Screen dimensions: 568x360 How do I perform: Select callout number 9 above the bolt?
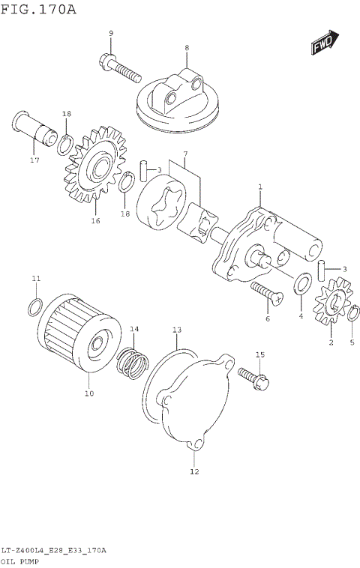(x=111, y=34)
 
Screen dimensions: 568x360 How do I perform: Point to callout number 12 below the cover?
(x=194, y=472)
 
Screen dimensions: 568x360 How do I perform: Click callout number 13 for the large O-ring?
(x=177, y=330)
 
